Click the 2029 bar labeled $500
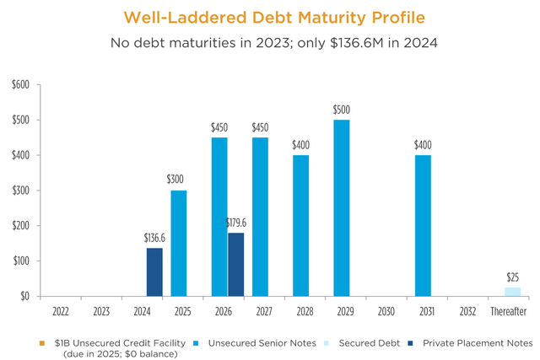click(x=342, y=207)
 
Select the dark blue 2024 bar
click(x=154, y=271)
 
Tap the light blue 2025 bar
click(x=179, y=243)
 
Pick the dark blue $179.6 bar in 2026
click(x=235, y=264)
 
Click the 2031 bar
click(x=423, y=225)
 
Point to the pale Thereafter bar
click(x=512, y=292)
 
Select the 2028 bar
click(x=301, y=225)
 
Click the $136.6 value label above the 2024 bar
click(x=154, y=239)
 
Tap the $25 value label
click(x=512, y=277)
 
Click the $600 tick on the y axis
click(x=20, y=84)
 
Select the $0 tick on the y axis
click(x=24, y=296)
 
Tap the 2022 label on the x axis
click(x=61, y=312)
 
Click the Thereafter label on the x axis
click(x=508, y=312)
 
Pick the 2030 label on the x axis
click(x=386, y=312)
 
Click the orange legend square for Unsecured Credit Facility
click(x=42, y=342)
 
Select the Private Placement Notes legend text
click(x=478, y=342)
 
